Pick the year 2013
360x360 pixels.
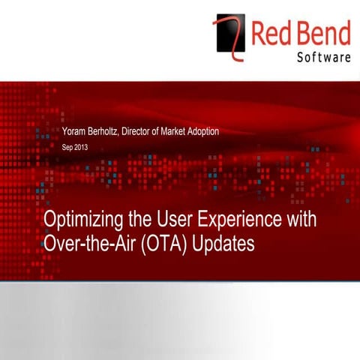(82, 148)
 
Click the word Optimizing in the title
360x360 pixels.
(81, 223)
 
